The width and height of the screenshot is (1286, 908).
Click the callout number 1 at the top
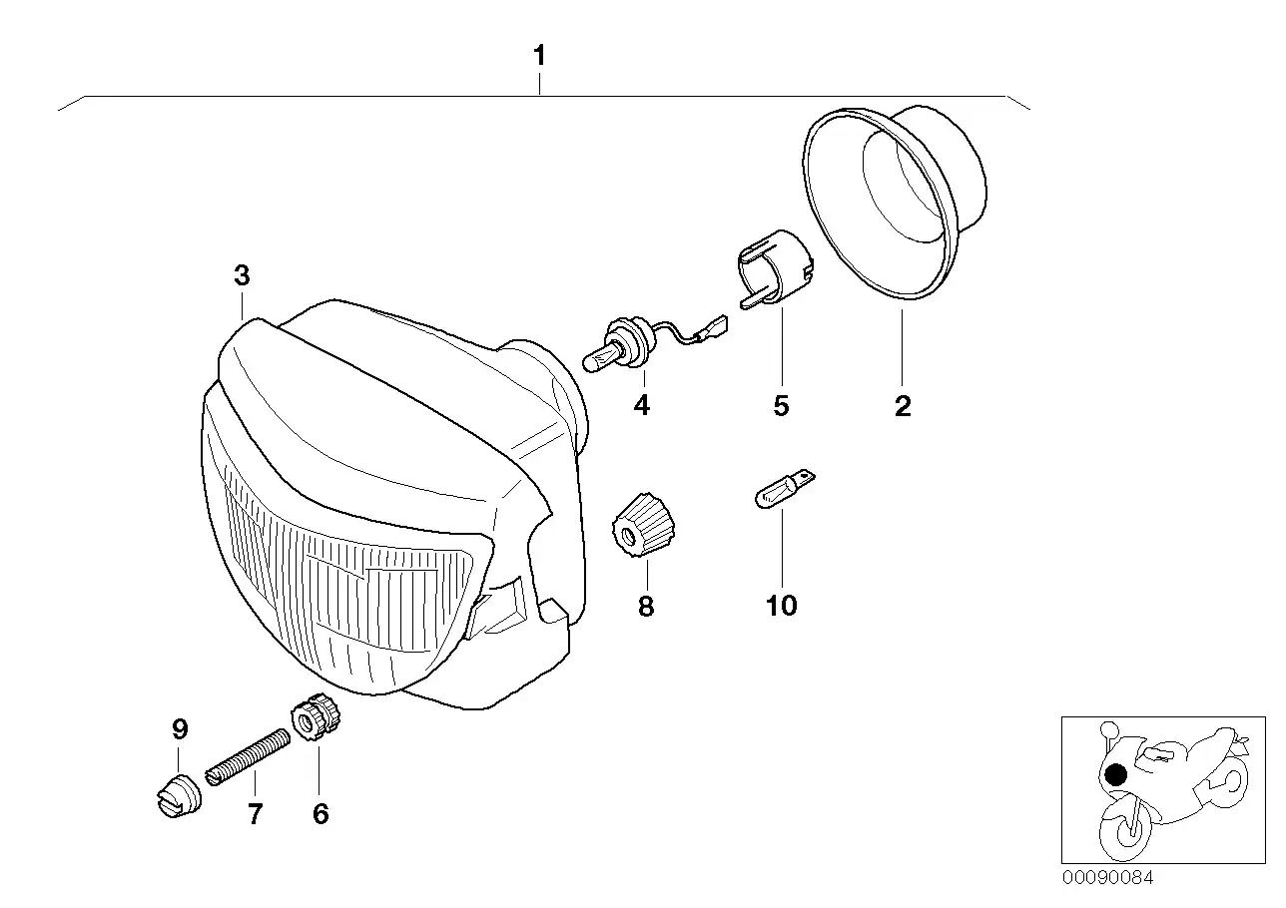pyautogui.click(x=539, y=56)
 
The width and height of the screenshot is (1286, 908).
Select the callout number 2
pyautogui.click(x=903, y=406)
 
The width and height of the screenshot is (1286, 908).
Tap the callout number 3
pyautogui.click(x=242, y=276)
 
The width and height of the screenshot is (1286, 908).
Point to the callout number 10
pyautogui.click(x=782, y=606)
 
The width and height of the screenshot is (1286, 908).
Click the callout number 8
pyautogui.click(x=646, y=606)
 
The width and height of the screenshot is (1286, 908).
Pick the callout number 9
pyautogui.click(x=180, y=729)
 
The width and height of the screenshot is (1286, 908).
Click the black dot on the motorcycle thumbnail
pyautogui.click(x=1116, y=774)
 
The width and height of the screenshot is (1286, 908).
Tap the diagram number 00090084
pyautogui.click(x=1107, y=878)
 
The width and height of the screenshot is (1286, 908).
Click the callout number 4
pyautogui.click(x=641, y=406)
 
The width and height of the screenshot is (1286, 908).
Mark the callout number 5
pyautogui.click(x=781, y=406)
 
